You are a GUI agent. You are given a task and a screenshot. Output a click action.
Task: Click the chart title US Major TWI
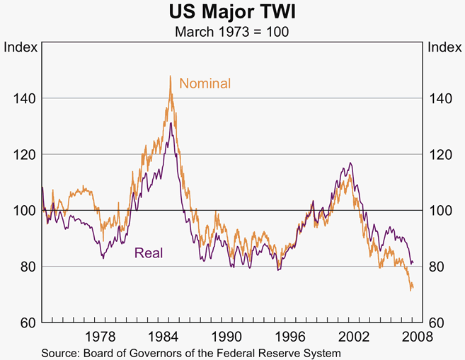click(x=232, y=12)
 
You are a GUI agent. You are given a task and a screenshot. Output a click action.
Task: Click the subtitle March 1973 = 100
click(x=232, y=32)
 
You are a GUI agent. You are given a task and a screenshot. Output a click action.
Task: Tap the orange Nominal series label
click(x=205, y=83)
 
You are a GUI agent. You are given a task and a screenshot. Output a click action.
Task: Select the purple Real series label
click(x=149, y=252)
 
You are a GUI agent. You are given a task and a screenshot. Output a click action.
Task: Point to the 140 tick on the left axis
click(x=23, y=98)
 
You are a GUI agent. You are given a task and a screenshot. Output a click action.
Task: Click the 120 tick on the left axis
click(x=23, y=154)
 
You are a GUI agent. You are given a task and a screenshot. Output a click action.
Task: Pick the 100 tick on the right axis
click(x=441, y=211)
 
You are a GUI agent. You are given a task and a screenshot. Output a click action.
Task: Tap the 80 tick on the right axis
click(x=438, y=267)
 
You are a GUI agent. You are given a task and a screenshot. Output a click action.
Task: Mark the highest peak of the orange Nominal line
click(x=170, y=76)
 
